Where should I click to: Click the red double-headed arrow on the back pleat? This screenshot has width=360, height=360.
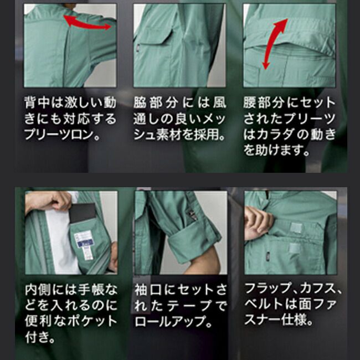86,23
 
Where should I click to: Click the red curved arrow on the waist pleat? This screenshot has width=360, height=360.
276,42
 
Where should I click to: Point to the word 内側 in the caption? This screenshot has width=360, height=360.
38,290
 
